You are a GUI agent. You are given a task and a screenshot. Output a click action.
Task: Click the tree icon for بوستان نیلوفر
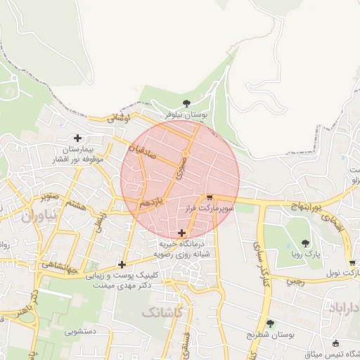(186, 103)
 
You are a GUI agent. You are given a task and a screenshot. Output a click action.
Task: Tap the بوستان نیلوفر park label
(186, 113)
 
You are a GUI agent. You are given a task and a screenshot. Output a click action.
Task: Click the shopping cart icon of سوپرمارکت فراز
(210, 198)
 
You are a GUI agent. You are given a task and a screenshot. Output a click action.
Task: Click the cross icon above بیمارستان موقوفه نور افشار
(77, 138)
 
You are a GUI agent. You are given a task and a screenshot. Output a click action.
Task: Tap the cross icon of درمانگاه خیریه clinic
(182, 232)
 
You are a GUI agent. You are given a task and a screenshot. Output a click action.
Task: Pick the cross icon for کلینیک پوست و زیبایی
(122, 264)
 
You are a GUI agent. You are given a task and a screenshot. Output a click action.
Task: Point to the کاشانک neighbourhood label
(162, 310)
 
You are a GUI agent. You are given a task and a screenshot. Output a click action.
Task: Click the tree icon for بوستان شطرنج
(271, 323)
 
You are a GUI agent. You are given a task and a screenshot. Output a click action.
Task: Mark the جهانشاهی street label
(60, 266)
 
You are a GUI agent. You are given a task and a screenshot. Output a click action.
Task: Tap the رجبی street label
(295, 279)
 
